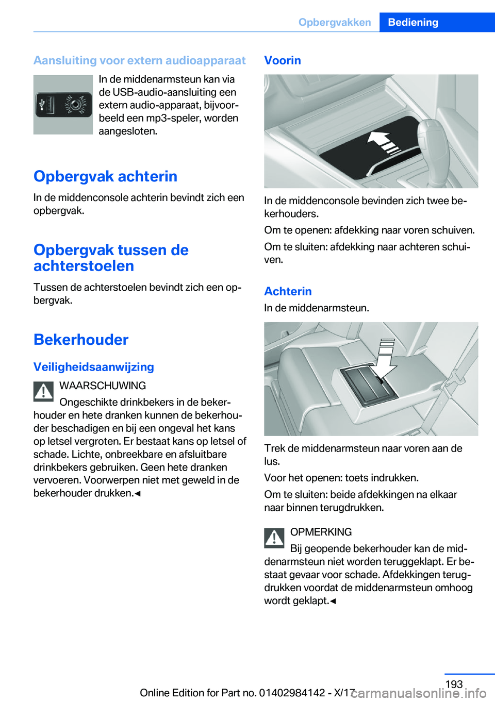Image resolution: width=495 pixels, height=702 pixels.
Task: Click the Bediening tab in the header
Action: pyautogui.click(x=413, y=22)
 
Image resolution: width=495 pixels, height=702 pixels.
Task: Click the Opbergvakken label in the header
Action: pyautogui.click(x=335, y=22)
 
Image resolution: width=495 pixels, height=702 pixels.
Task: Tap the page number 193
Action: pyautogui.click(x=454, y=684)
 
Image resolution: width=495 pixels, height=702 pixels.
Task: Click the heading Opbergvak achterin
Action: pyautogui.click(x=105, y=176)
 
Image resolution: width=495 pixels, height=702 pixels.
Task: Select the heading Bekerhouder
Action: pyautogui.click(x=81, y=340)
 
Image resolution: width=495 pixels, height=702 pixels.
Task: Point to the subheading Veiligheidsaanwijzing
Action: pyautogui.click(x=94, y=367)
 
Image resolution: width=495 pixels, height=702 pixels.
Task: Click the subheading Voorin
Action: pyautogui.click(x=283, y=60)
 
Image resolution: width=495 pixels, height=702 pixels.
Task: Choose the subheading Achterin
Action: pyautogui.click(x=288, y=291)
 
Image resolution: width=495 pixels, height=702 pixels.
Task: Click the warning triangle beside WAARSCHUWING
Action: pyautogui.click(x=44, y=392)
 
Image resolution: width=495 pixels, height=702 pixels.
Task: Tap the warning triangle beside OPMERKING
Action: pyautogui.click(x=274, y=538)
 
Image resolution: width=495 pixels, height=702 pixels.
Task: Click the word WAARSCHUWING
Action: pyautogui.click(x=103, y=386)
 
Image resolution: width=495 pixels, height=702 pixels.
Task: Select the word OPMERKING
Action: pyautogui.click(x=321, y=532)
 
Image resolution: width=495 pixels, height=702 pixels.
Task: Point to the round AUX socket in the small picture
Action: pyautogui.click(x=75, y=105)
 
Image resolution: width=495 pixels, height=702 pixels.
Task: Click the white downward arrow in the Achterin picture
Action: pyautogui.click(x=385, y=361)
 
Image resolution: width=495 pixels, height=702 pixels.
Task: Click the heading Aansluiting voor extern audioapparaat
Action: pyautogui.click(x=140, y=60)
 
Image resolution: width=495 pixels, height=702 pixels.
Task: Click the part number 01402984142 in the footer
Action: pyautogui.click(x=292, y=693)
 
